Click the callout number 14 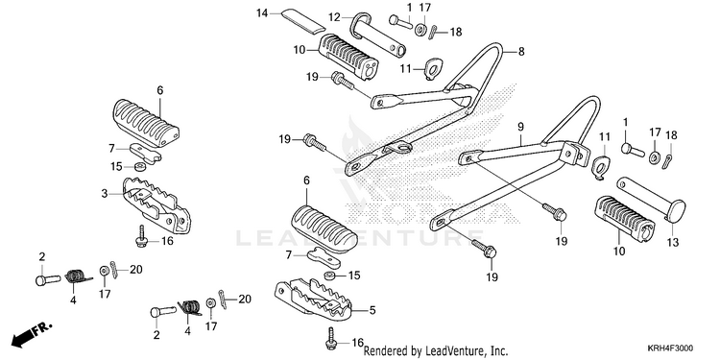pyautogui.click(x=262, y=12)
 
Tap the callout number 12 pyautogui.click(x=334, y=17)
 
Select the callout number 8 pyautogui.click(x=521, y=52)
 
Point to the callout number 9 pyautogui.click(x=520, y=126)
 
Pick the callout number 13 pyautogui.click(x=673, y=243)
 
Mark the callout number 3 pyautogui.click(x=105, y=194)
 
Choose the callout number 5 pyautogui.click(x=372, y=310)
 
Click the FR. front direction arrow pyautogui.click(x=32, y=334)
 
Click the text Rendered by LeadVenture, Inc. pyautogui.click(x=436, y=351)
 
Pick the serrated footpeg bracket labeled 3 pyautogui.click(x=156, y=204)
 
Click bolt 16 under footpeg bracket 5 pyautogui.click(x=331, y=339)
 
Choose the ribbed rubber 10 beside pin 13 pyautogui.click(x=625, y=219)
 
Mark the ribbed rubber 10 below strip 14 pyautogui.click(x=348, y=57)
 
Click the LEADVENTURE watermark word pyautogui.click(x=360, y=237)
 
